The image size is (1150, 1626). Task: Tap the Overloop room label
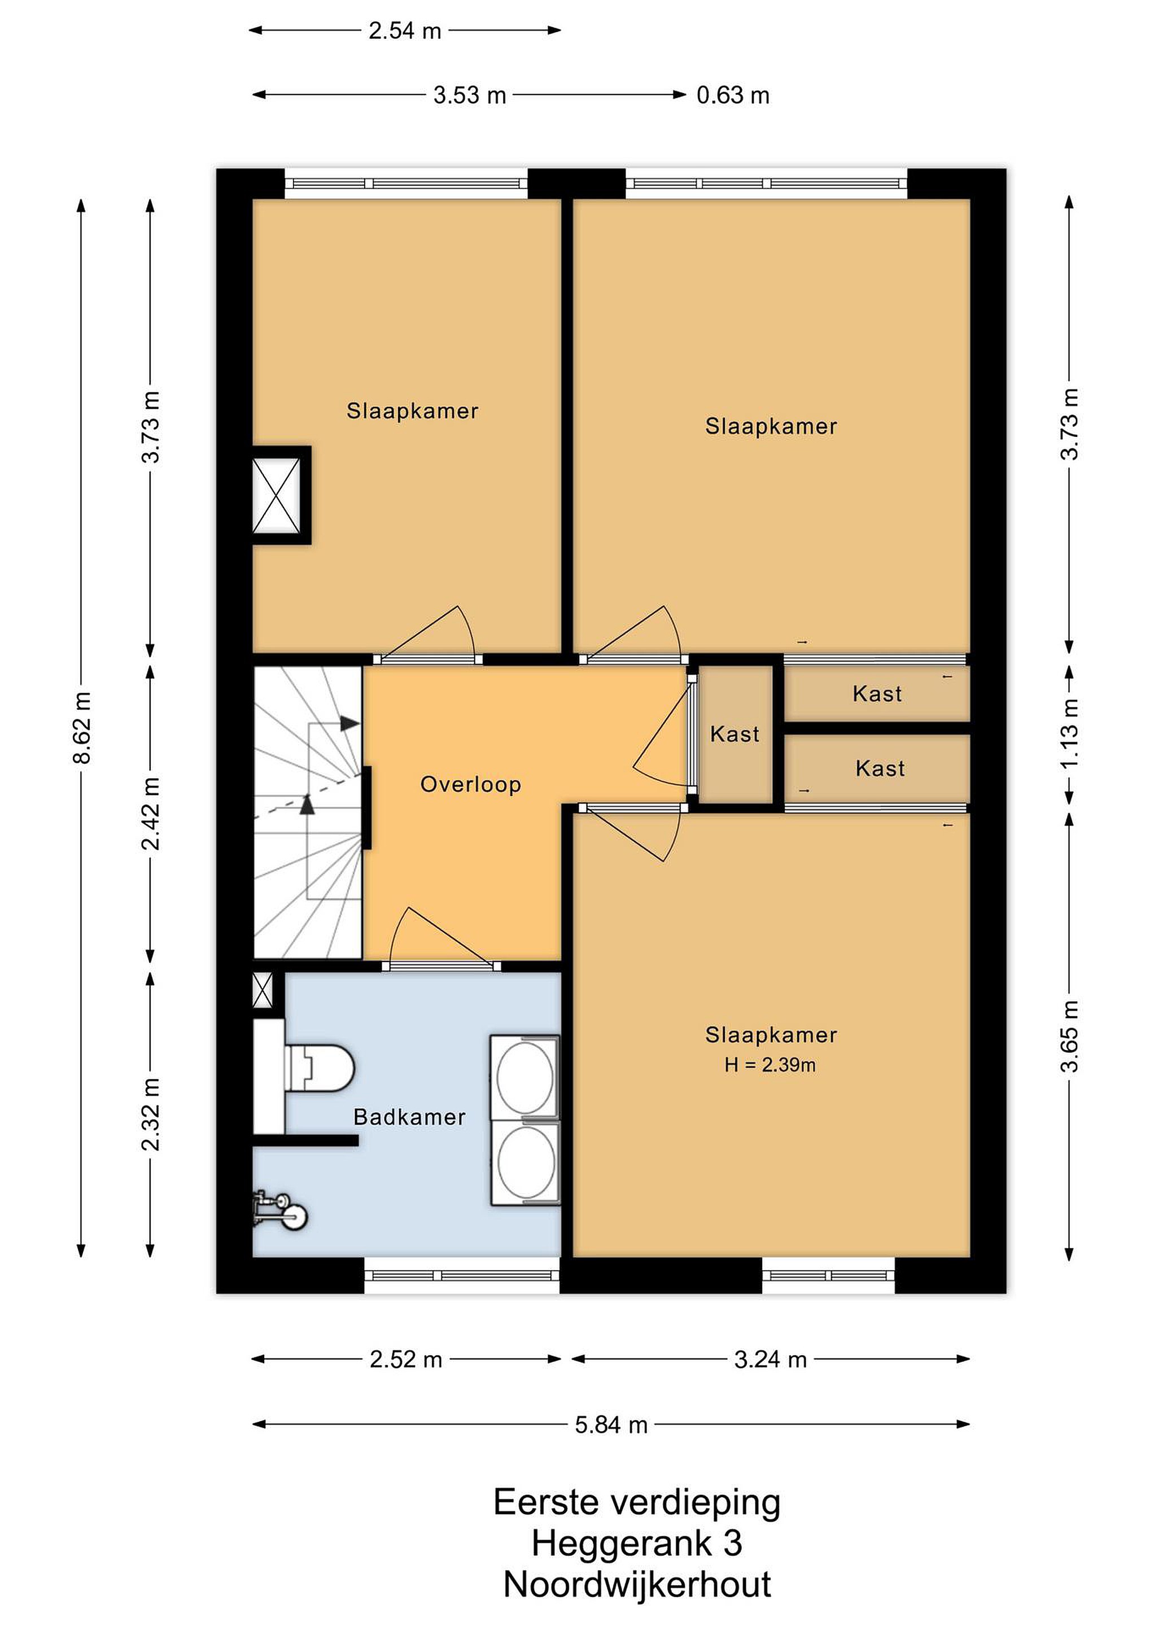click(471, 785)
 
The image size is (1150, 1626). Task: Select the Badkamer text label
click(409, 1117)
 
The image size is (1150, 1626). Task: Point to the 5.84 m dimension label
click(611, 1424)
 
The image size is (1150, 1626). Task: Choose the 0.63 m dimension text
click(733, 95)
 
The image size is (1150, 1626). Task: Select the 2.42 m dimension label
click(151, 813)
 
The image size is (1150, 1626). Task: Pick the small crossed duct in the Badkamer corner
click(262, 991)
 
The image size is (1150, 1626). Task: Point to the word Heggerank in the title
click(622, 1543)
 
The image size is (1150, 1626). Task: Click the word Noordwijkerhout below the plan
click(637, 1584)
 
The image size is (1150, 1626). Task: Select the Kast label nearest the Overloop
click(734, 734)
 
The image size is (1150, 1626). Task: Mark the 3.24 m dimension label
click(771, 1359)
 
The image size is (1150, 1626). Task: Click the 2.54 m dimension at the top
click(405, 30)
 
